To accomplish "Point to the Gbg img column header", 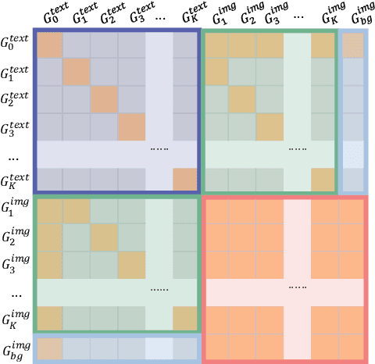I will [x=355, y=16].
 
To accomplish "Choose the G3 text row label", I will [x=17, y=126].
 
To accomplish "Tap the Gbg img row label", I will [x=17, y=348].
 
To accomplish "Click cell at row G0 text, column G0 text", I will [x=50, y=46].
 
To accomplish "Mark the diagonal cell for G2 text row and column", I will [x=103, y=99].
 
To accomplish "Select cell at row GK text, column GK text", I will [x=185, y=179].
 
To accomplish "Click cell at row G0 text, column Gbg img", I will [x=353, y=46].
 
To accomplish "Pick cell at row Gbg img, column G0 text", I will [x=50, y=348].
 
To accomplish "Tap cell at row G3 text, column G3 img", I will [x=270, y=126].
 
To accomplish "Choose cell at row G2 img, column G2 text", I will [x=103, y=237].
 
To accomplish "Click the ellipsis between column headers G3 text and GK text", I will [x=159, y=16].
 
